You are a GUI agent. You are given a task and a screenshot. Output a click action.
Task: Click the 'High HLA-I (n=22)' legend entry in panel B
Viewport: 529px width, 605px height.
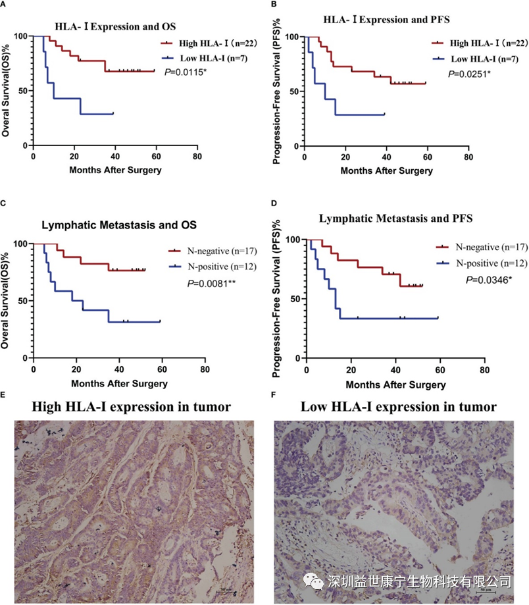(x=486, y=43)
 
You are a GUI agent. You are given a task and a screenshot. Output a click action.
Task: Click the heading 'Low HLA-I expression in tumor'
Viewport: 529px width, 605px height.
(x=399, y=406)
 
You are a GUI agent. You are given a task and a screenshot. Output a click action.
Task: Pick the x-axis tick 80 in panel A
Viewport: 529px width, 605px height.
(x=197, y=157)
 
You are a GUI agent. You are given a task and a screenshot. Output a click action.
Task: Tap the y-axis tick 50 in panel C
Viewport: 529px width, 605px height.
(x=23, y=300)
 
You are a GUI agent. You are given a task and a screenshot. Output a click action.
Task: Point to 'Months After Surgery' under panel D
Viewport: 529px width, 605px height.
(x=395, y=384)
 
